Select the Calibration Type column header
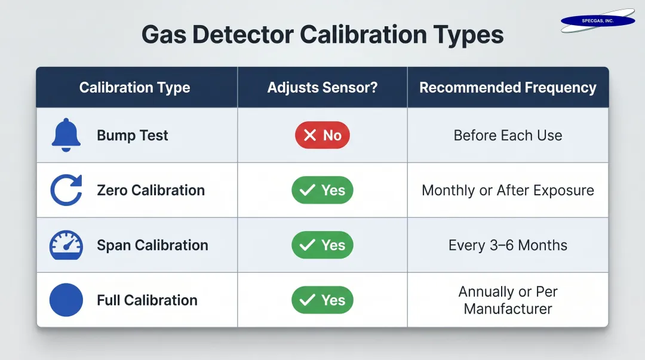point(134,88)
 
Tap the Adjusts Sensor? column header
point(322,88)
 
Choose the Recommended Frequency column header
point(508,88)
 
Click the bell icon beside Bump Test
point(66,136)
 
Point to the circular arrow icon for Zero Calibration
point(66,190)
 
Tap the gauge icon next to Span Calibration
point(66,245)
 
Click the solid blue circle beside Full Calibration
point(66,300)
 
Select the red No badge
point(322,136)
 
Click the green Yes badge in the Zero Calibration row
point(322,190)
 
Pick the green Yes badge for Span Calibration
point(322,245)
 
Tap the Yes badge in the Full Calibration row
point(322,300)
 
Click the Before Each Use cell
point(508,136)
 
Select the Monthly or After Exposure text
point(508,190)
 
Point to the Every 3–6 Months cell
point(508,245)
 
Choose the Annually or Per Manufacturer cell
point(508,300)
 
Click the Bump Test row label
point(133,136)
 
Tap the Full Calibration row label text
point(147,300)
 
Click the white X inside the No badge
point(309,136)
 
